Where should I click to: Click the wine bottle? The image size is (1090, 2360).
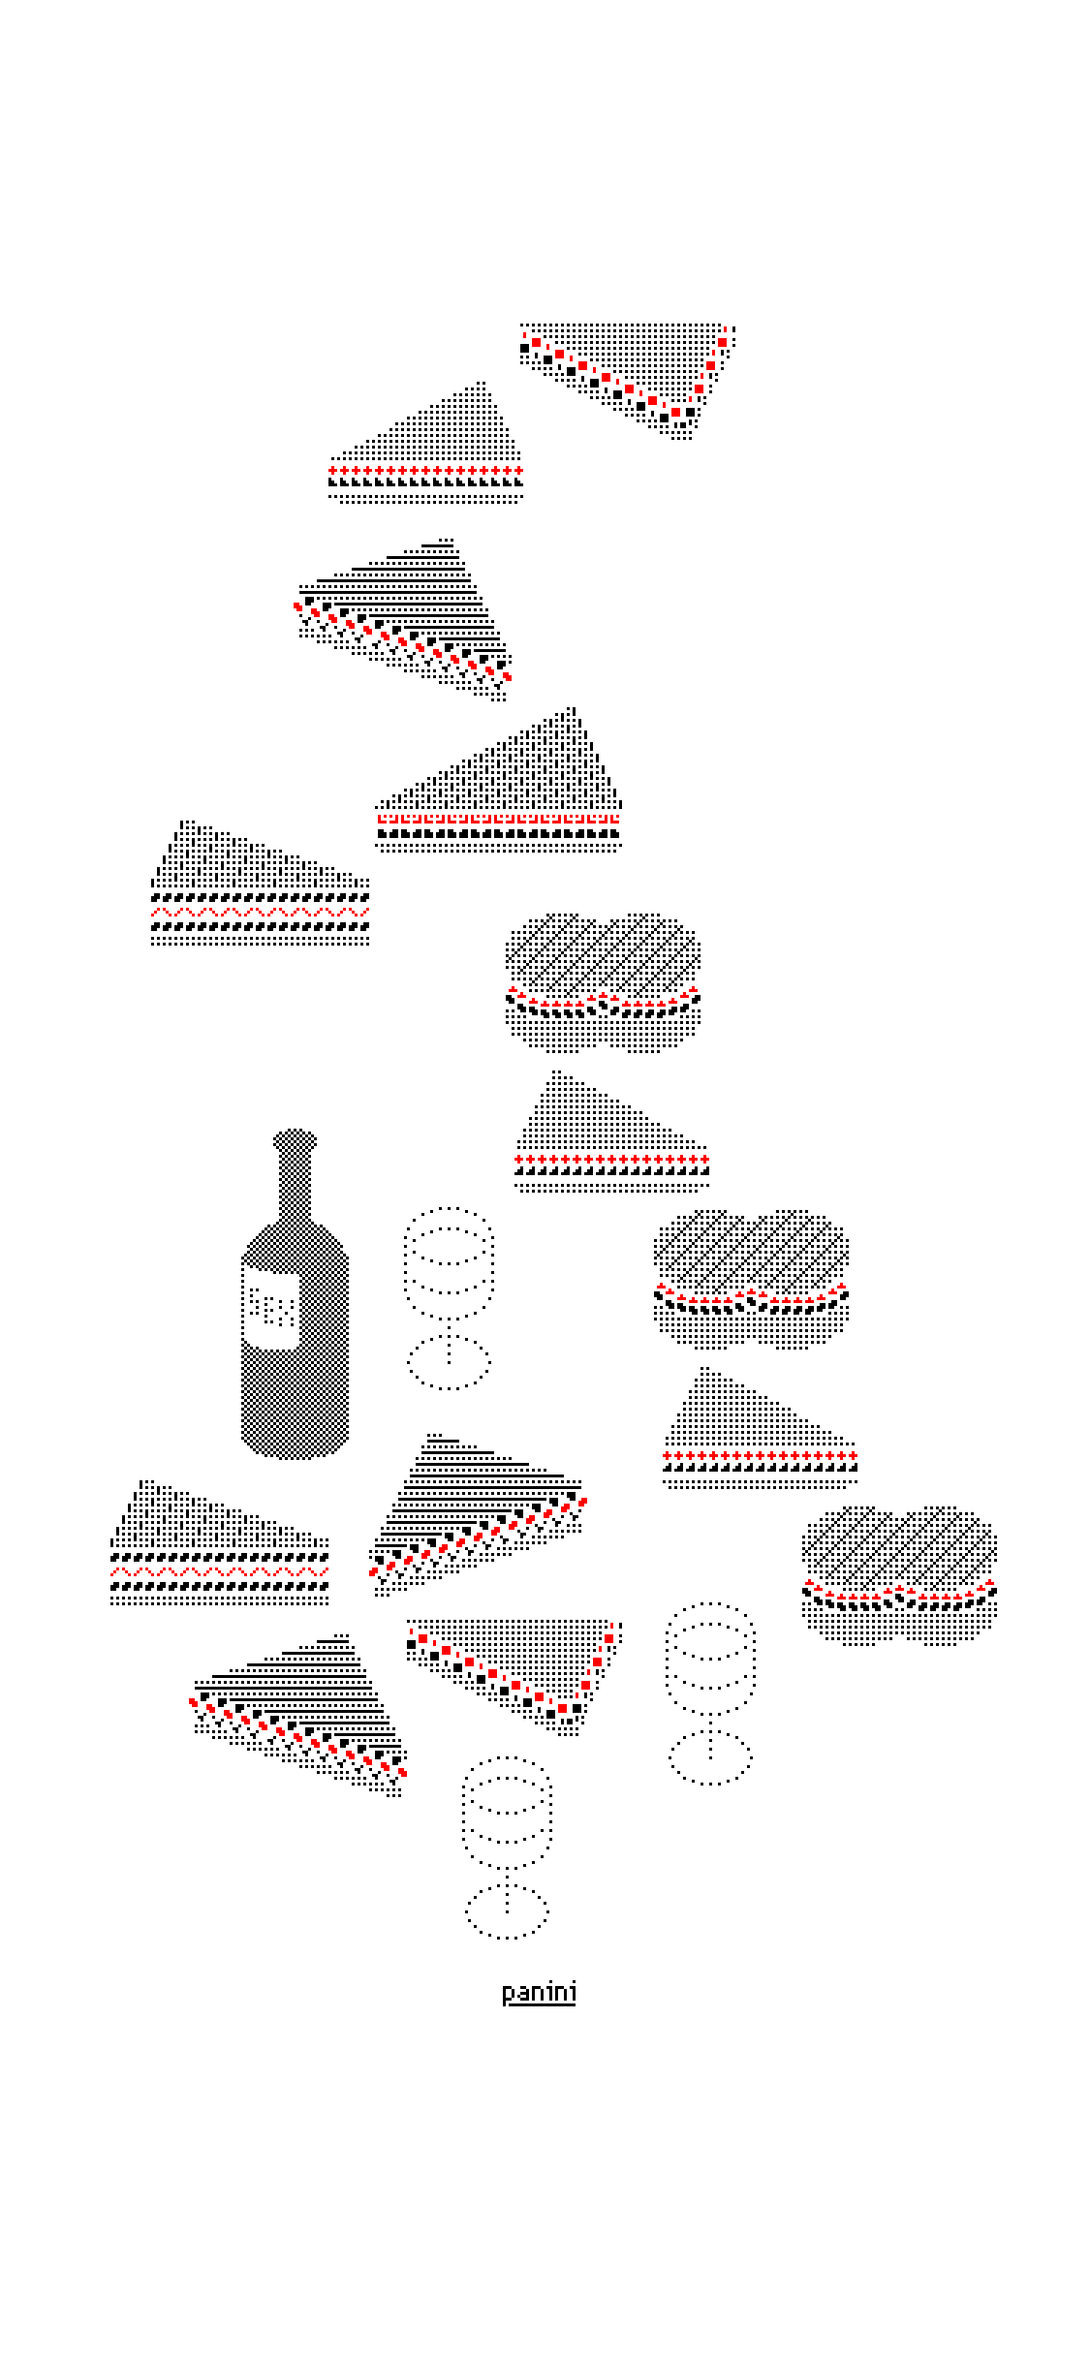point(295,1298)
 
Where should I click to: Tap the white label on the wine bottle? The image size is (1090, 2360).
point(271,1307)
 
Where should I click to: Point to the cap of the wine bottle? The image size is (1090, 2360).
point(296,1140)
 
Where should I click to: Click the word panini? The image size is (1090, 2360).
point(539,1992)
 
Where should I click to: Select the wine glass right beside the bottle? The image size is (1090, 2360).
point(449,1298)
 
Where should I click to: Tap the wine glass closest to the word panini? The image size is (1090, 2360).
point(507,1847)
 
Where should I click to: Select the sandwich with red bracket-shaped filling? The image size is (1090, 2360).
point(498,780)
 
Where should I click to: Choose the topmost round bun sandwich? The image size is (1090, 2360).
point(603,982)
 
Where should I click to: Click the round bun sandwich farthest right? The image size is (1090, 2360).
point(899,1575)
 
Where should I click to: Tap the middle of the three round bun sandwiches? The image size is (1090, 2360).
point(751,1279)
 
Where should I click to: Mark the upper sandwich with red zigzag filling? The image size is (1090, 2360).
point(260,883)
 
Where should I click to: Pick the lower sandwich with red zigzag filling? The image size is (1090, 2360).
point(219,1542)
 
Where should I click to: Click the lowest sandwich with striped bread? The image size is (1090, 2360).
point(298,1716)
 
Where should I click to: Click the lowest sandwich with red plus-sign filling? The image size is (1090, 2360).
point(760,1428)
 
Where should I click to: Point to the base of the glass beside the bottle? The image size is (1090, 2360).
point(449,1363)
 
